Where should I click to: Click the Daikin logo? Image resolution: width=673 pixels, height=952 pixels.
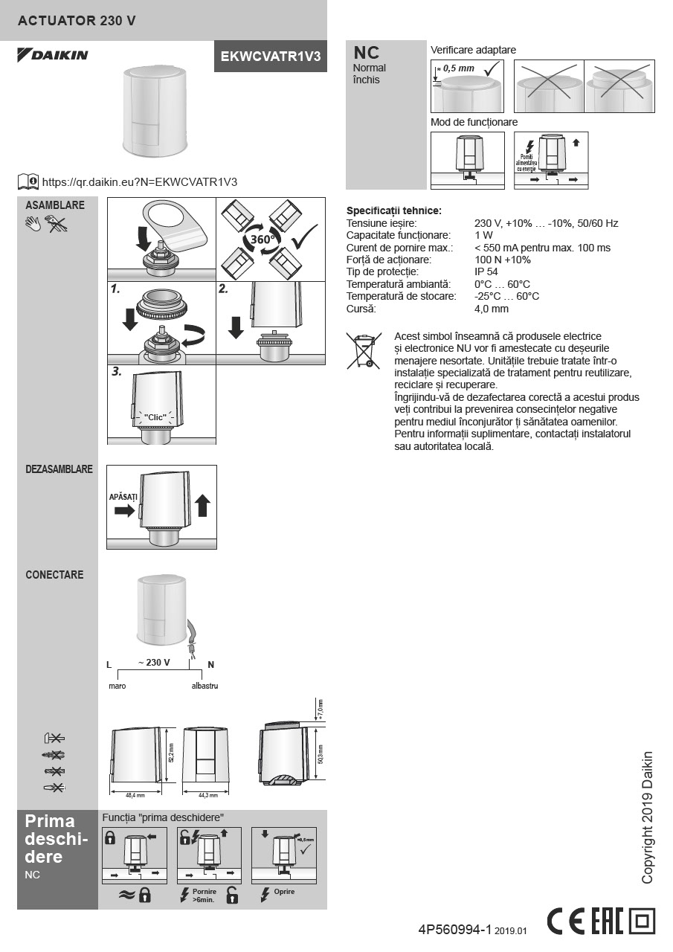[53, 55]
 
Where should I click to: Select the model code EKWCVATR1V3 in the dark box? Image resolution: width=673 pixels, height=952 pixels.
[271, 57]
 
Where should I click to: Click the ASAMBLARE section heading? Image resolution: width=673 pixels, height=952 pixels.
[55, 205]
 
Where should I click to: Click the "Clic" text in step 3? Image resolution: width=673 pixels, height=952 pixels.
[155, 417]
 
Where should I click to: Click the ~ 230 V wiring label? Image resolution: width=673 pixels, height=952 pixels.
[154, 663]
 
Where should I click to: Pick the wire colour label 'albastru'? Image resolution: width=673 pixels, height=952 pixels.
[205, 686]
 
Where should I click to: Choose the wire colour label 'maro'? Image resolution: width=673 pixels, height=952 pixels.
[117, 686]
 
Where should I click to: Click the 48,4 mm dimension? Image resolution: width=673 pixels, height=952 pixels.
[135, 795]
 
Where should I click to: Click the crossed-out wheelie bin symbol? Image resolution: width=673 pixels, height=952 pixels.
[364, 351]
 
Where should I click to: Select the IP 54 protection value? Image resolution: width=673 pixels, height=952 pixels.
[486, 271]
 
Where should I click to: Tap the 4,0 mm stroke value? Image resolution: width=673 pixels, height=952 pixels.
[492, 309]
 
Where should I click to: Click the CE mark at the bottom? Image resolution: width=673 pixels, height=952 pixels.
[566, 922]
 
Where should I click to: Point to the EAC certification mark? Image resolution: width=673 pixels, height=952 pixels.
[607, 922]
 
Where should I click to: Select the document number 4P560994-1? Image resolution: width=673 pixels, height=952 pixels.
[454, 930]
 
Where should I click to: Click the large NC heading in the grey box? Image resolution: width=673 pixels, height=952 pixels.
[366, 53]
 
